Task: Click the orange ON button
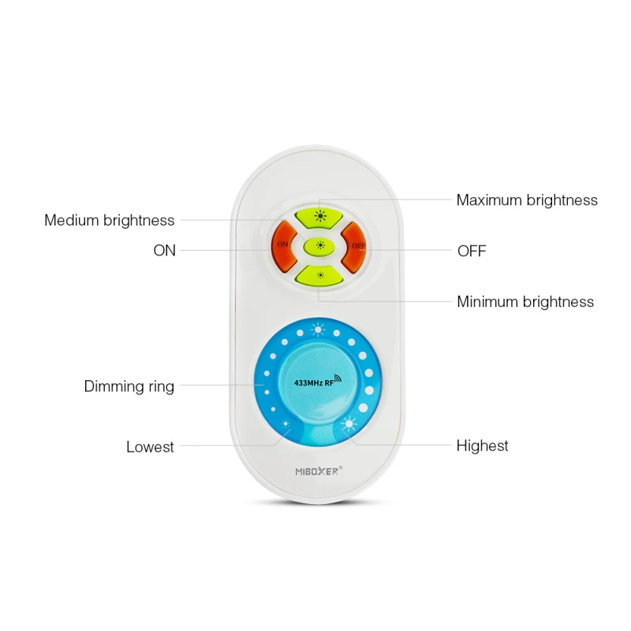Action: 282,245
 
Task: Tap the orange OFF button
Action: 356,245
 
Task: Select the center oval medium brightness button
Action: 319,245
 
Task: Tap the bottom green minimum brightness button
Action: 319,275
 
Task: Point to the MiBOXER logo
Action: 319,471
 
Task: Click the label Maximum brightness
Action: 527,200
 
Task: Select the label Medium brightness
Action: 109,221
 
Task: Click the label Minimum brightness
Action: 525,302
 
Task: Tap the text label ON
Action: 164,251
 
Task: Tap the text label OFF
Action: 472,252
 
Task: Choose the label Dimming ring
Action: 129,386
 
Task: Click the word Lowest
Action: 150,447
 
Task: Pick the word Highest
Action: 482,446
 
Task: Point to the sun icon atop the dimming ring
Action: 318,330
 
